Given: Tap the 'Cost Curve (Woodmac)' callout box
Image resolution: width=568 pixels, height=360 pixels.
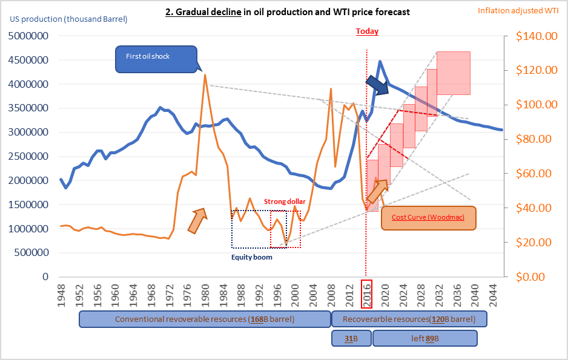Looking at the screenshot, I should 429,218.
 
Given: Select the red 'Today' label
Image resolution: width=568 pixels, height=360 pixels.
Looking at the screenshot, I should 366,31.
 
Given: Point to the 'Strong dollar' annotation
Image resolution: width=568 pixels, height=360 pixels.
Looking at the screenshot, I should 285,201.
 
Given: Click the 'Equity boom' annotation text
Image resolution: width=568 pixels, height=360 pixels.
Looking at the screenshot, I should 252,257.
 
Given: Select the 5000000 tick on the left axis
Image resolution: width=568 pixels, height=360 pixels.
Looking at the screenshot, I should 28,36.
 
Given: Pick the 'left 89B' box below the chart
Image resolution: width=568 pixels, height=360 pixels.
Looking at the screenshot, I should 424,339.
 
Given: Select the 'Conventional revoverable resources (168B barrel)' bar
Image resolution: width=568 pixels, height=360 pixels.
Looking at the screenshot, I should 204,319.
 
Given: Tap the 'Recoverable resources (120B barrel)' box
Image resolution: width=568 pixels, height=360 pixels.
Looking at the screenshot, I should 409,319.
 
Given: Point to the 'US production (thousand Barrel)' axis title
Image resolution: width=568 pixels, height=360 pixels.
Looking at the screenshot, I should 68,19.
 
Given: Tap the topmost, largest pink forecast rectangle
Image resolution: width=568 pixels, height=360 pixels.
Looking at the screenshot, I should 454,73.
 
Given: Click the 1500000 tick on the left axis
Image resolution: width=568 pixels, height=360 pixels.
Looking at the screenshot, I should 28,205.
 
